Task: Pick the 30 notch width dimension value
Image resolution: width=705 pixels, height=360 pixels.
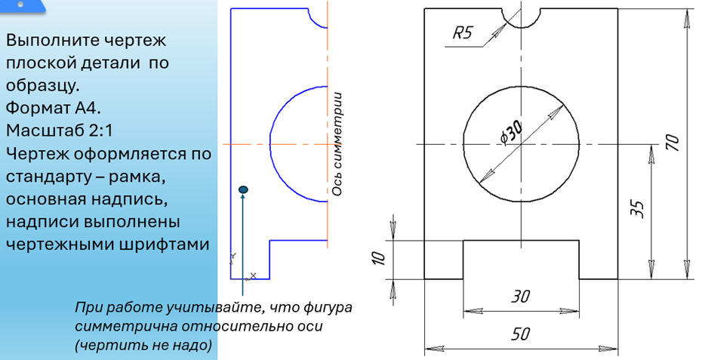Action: [x=520, y=297]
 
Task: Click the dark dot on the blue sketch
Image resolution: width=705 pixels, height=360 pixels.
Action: [x=242, y=189]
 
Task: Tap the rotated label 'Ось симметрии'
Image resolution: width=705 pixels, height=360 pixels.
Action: [x=337, y=143]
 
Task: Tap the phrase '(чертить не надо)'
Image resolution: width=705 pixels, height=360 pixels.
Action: [x=143, y=344]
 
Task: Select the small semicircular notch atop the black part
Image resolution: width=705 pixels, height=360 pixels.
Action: [x=520, y=17]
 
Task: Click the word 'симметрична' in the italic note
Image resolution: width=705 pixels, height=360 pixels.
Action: [x=125, y=327]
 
